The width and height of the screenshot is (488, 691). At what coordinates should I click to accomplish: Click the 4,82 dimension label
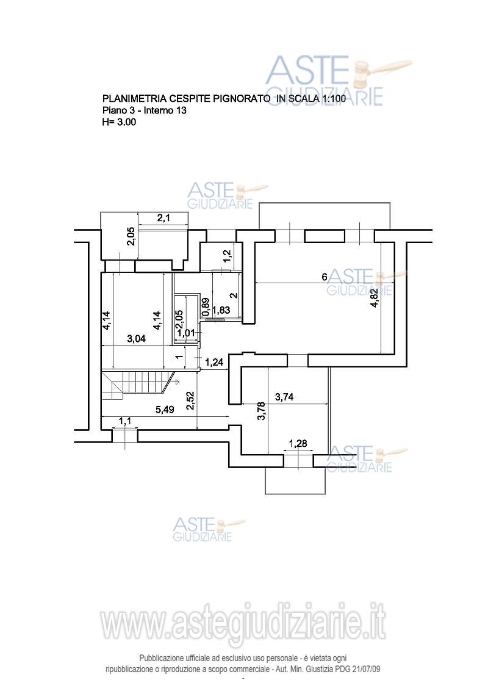tap(373, 300)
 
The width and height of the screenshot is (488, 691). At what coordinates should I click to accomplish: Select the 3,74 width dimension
tap(285, 397)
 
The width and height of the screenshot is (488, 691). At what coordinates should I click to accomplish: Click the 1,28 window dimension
tap(298, 444)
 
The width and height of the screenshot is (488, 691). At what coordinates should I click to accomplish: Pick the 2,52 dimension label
tap(190, 400)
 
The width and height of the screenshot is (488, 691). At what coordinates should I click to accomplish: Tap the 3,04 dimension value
tap(137, 339)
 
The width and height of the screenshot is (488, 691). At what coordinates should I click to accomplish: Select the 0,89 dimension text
tap(206, 305)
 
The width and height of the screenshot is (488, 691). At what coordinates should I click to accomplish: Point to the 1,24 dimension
tap(214, 363)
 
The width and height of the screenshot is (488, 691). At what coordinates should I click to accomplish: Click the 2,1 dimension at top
tap(163, 218)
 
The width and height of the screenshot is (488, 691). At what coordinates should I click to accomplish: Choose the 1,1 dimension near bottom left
tap(125, 421)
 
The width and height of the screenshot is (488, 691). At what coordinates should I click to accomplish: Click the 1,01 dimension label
tap(184, 333)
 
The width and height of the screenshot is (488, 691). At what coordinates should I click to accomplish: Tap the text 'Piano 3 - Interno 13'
tap(144, 110)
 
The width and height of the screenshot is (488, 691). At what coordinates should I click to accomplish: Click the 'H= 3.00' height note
tap(119, 122)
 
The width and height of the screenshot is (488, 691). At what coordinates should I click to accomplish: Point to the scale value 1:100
tap(329, 99)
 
